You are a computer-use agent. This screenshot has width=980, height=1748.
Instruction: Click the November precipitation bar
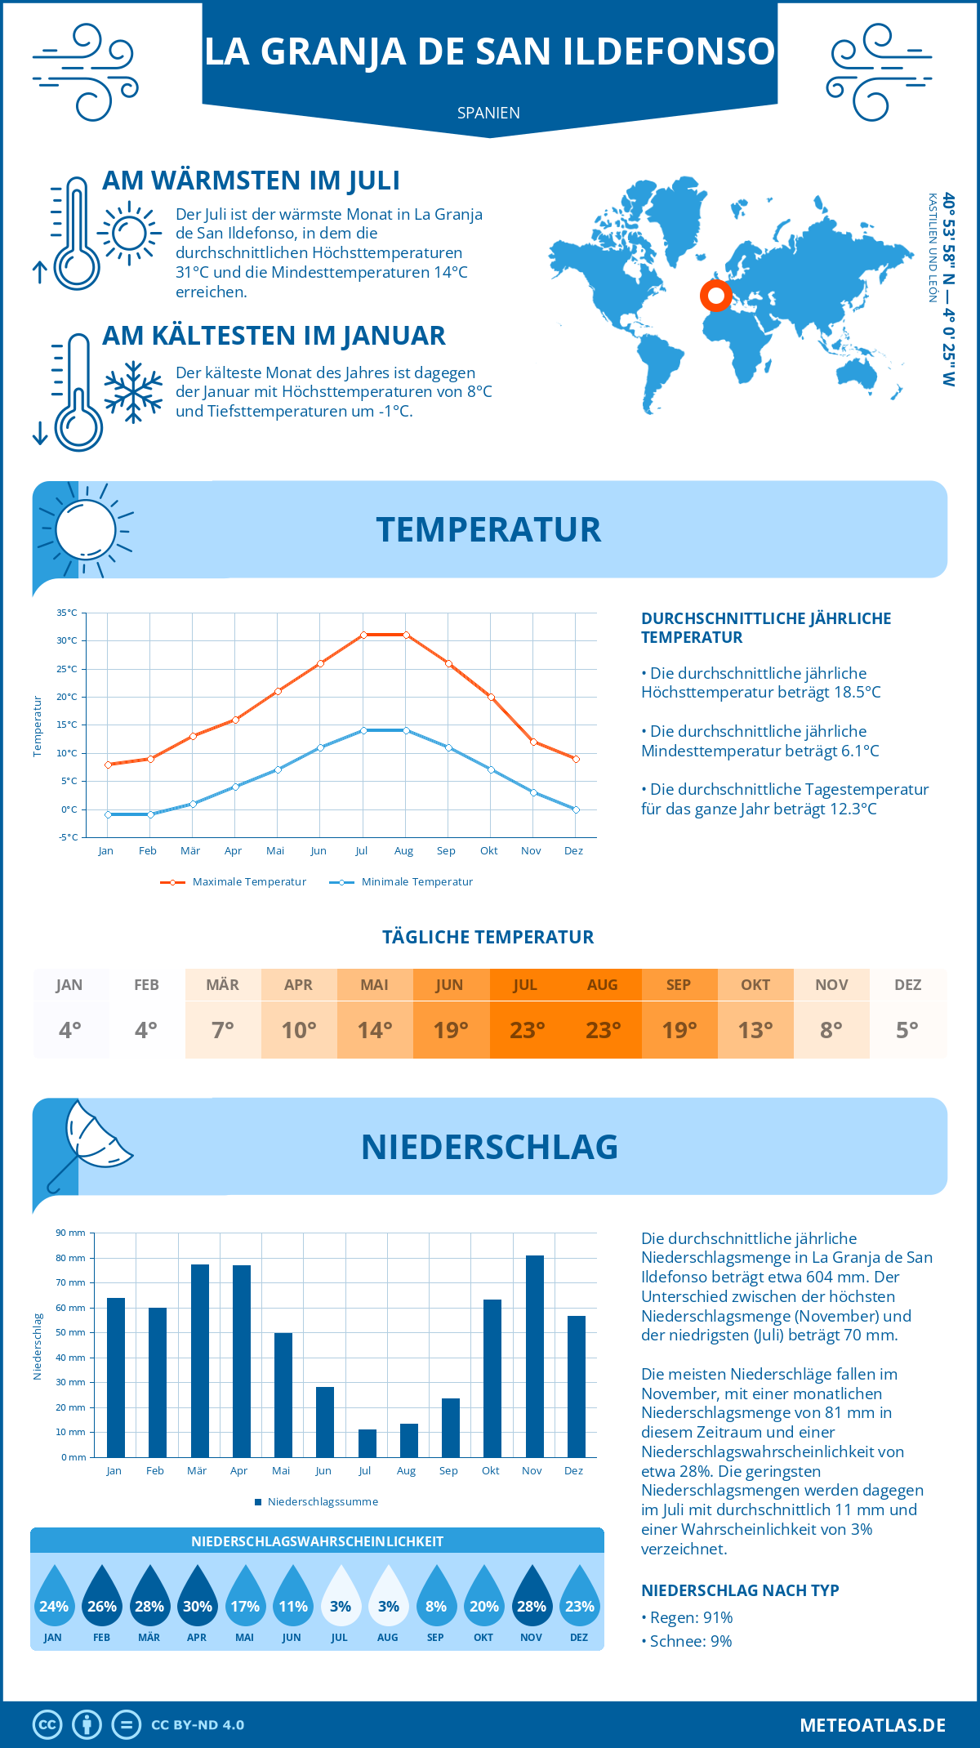click(534, 1356)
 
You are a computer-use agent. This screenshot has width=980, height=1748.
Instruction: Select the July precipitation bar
click(367, 1443)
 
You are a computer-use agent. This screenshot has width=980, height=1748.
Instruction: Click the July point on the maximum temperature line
click(363, 635)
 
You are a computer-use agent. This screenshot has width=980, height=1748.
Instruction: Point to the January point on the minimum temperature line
click(108, 814)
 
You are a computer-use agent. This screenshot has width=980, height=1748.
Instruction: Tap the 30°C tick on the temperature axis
click(67, 640)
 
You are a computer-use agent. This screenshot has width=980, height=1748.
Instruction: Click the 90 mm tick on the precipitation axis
click(70, 1233)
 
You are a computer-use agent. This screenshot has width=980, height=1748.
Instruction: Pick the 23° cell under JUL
click(527, 1030)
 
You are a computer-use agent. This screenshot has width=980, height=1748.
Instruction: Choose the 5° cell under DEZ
click(907, 1030)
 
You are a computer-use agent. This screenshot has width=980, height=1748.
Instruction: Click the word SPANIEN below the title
click(488, 113)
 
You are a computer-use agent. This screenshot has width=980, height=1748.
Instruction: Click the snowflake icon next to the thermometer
click(133, 392)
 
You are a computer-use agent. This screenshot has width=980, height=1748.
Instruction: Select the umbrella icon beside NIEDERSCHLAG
click(90, 1144)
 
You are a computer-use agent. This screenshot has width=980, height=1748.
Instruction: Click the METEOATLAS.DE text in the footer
click(872, 1725)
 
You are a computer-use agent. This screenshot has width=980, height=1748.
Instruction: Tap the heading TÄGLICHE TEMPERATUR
click(488, 937)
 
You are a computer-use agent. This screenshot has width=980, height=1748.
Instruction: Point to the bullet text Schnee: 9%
click(690, 1641)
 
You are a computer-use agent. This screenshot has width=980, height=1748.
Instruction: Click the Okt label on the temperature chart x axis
click(488, 851)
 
